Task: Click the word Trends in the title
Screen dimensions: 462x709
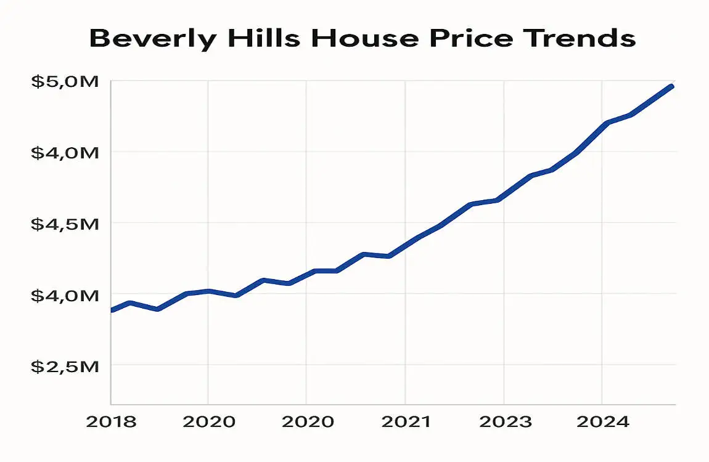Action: (x=580, y=38)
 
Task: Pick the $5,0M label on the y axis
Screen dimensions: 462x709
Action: (x=65, y=81)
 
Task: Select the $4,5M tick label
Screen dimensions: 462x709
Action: (x=65, y=224)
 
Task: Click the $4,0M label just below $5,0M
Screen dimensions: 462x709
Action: (x=65, y=152)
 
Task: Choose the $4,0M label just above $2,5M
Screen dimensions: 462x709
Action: (x=65, y=295)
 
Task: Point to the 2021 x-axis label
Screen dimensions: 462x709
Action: (x=406, y=423)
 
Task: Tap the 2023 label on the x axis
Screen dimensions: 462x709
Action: (x=505, y=423)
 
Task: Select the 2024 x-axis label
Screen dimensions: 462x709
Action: (x=604, y=423)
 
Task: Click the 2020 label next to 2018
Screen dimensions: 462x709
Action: (x=209, y=423)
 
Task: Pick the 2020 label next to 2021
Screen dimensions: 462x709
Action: (x=308, y=423)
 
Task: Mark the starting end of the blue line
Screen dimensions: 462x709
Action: (x=112, y=310)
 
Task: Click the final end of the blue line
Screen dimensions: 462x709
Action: (x=672, y=86)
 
